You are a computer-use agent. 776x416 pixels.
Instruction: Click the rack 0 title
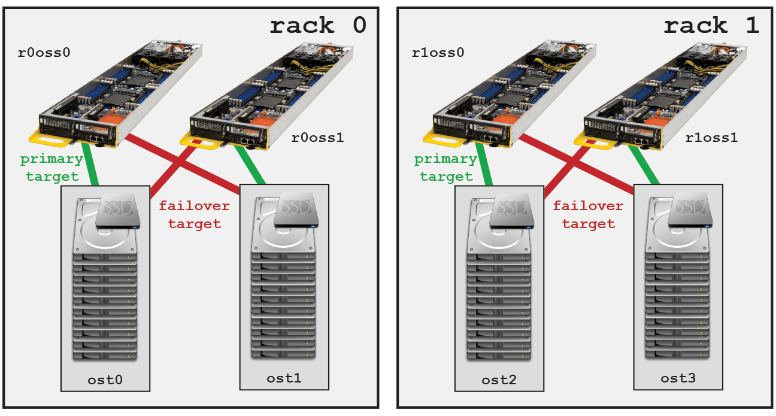pos(317,26)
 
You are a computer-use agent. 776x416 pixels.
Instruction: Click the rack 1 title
pos(711,26)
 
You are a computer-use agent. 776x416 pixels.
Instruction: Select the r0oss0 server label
pos(44,52)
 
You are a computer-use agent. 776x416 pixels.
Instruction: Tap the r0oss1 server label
pos(317,137)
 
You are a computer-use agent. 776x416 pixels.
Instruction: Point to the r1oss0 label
pos(438,52)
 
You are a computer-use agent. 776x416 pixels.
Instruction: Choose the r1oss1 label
pos(711,137)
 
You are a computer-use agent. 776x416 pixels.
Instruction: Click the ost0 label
pos(105,379)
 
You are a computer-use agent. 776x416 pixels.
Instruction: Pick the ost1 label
pos(284,378)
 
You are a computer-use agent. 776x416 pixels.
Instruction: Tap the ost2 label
pos(499,379)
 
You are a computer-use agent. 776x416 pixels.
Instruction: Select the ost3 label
pos(678,378)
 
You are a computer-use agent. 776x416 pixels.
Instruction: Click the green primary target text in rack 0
pos(51,168)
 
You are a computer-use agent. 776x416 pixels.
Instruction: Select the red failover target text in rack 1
pos(588,214)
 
